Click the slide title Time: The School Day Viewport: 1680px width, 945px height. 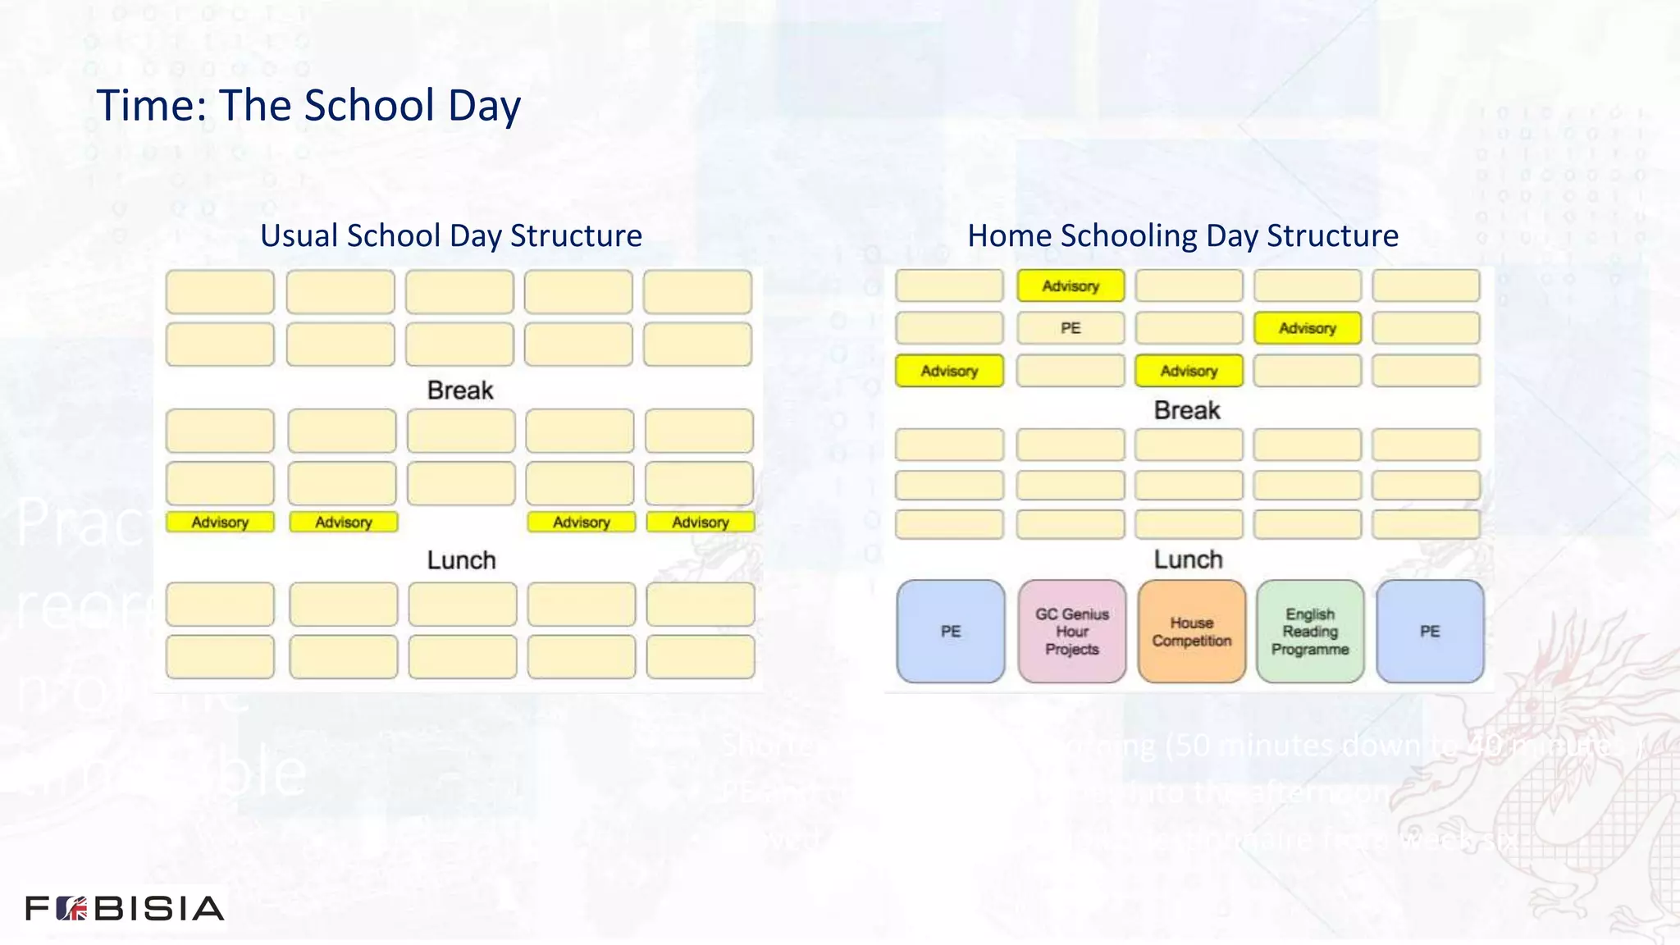click(x=308, y=106)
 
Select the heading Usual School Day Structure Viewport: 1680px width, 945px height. click(x=450, y=235)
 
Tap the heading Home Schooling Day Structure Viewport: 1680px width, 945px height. click(x=1182, y=235)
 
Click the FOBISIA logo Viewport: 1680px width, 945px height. click(x=125, y=908)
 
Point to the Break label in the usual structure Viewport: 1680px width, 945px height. click(x=460, y=390)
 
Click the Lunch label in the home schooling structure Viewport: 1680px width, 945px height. click(x=1188, y=559)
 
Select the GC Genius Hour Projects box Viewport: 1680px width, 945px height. click(x=1071, y=631)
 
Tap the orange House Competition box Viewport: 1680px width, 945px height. click(x=1191, y=631)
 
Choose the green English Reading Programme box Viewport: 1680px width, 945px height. click(x=1310, y=631)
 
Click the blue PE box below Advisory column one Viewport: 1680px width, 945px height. click(x=950, y=631)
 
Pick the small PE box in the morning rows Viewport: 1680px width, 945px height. click(x=1070, y=328)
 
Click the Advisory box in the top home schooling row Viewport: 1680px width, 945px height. click(x=1070, y=286)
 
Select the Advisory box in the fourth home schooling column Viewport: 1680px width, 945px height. click(x=1307, y=328)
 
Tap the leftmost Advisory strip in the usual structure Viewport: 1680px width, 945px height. click(x=220, y=522)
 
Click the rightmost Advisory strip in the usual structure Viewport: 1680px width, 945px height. click(x=700, y=522)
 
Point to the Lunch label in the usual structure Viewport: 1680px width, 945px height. click(x=461, y=560)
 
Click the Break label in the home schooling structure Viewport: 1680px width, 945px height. click(x=1186, y=410)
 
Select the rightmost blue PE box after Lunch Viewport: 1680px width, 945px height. click(x=1429, y=631)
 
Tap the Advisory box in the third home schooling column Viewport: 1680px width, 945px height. click(x=1188, y=371)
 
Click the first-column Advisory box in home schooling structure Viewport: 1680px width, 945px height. click(x=949, y=371)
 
